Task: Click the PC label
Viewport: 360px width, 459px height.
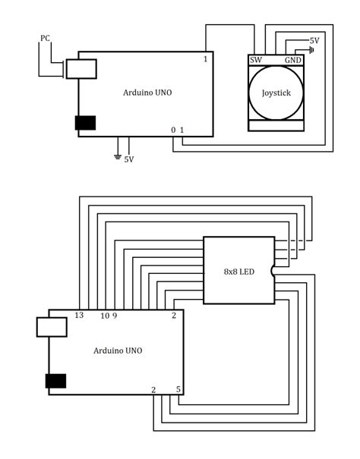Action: click(x=46, y=37)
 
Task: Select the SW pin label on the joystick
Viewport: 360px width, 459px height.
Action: click(x=256, y=60)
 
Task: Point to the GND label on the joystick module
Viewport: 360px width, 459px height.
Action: click(x=292, y=60)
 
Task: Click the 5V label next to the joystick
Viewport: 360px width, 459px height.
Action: click(x=314, y=39)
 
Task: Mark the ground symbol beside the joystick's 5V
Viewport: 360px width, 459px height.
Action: click(x=311, y=51)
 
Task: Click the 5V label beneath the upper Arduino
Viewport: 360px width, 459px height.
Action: click(x=129, y=159)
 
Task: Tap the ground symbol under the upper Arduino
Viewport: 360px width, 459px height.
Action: click(x=117, y=156)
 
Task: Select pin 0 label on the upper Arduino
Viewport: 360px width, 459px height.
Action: click(x=173, y=130)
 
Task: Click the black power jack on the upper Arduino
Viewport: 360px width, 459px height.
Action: click(x=85, y=123)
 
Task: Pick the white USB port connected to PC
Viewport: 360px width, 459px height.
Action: click(x=81, y=68)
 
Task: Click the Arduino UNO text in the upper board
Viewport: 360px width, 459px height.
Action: click(x=147, y=93)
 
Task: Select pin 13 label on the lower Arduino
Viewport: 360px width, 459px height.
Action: click(x=78, y=316)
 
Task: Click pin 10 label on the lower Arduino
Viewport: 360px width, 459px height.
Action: click(x=104, y=316)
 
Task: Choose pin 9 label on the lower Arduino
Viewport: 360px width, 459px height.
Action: click(x=115, y=316)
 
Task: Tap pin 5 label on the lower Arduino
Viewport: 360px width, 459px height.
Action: click(x=178, y=389)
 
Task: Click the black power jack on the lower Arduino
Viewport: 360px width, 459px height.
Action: click(x=55, y=381)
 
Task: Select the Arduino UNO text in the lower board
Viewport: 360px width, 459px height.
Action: click(x=118, y=351)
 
